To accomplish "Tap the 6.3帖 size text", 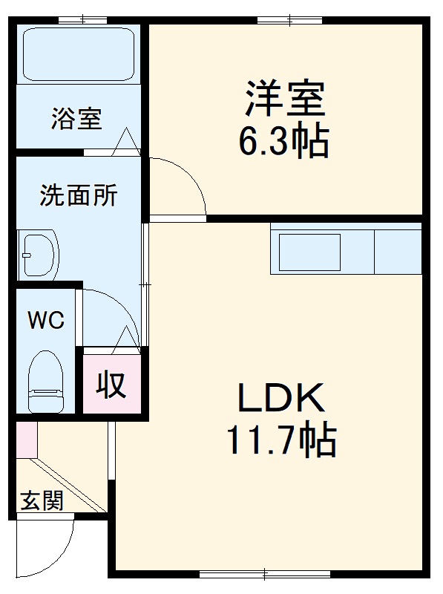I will click(283, 140).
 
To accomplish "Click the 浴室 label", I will click(76, 119).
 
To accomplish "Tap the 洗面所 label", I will click(78, 196).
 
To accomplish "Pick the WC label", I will click(46, 321).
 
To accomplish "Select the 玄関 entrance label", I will click(41, 501).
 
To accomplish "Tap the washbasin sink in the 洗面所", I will click(39, 255).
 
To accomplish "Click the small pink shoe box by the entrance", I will click(26, 438).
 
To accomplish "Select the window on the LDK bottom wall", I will click(264, 572).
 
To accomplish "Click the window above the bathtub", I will click(81, 20).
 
